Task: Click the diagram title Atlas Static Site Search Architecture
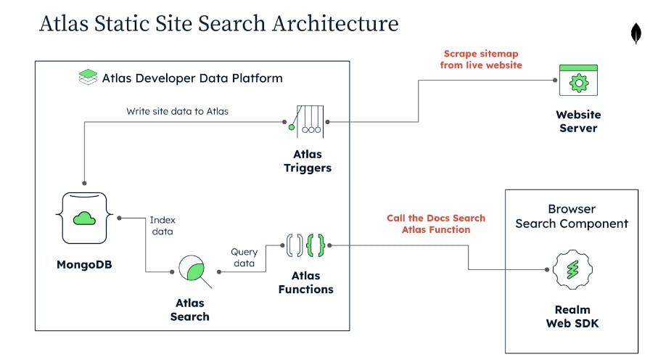(218, 23)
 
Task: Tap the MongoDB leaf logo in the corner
(636, 34)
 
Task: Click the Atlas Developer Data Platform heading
(192, 78)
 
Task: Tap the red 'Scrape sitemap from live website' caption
(481, 60)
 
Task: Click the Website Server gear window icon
(577, 82)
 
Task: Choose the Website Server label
(578, 121)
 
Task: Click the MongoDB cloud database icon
(85, 218)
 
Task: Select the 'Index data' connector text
(163, 226)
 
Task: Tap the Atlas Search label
(189, 310)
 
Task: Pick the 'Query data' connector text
(244, 258)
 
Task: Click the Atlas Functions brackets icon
(305, 246)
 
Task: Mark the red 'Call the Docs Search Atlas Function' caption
(435, 224)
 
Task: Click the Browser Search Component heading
(571, 216)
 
